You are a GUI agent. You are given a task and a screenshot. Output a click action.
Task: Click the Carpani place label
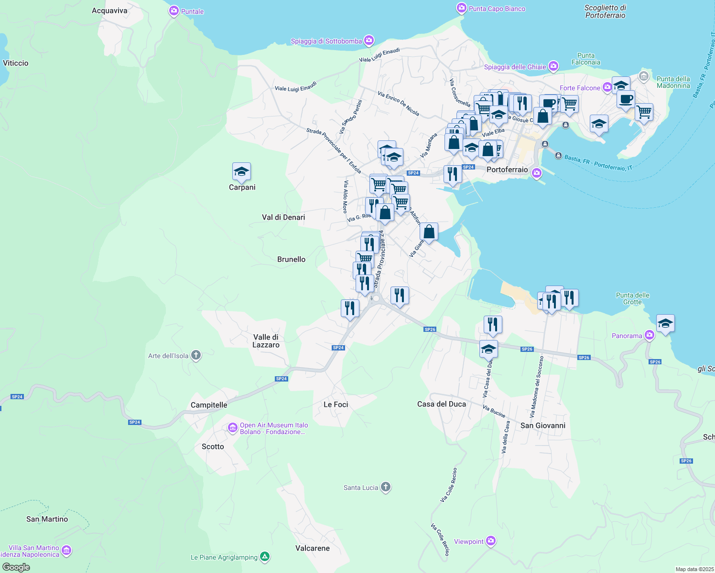point(242,187)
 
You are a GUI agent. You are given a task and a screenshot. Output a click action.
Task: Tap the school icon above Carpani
point(241,172)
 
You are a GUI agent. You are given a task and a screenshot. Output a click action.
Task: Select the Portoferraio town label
point(507,170)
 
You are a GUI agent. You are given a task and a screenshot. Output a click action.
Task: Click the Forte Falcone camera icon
point(607,87)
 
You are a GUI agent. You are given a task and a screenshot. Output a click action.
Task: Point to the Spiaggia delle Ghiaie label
point(515,67)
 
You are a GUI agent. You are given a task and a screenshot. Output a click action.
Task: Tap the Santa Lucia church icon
point(386,487)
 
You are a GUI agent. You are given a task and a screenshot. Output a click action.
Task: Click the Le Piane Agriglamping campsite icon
point(265,557)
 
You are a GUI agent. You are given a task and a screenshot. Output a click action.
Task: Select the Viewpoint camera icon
point(491,541)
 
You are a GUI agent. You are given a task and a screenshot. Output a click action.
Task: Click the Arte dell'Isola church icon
point(195,355)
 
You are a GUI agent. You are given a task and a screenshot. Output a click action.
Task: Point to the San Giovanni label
point(542,425)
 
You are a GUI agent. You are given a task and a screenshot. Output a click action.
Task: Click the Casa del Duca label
point(441,404)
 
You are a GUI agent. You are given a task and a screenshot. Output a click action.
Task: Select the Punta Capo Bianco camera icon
point(461,8)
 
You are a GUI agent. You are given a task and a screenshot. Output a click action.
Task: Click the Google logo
point(16,567)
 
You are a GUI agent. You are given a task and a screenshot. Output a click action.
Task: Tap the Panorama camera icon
point(650,335)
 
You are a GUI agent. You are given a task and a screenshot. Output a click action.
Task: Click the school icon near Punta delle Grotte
point(665,324)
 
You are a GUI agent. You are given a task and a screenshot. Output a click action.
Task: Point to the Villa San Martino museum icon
point(67,551)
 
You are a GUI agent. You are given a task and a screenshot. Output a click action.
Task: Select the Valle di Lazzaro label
point(266,341)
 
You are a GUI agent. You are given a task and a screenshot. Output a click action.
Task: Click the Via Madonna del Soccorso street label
point(536,387)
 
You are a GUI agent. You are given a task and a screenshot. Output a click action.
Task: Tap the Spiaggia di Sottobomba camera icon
point(369,41)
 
